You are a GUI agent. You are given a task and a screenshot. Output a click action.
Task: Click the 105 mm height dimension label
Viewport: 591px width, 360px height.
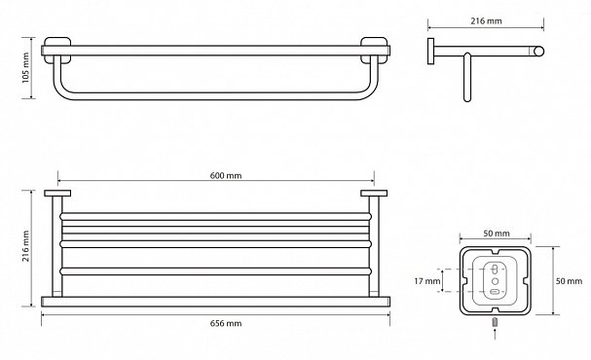coord(25,68)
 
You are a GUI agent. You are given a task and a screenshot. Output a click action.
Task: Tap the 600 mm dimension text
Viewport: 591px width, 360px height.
coord(226,175)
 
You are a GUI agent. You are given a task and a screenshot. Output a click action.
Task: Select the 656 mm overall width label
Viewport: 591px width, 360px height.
coord(226,323)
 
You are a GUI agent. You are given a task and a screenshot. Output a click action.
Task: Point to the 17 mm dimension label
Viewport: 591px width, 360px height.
coord(427,281)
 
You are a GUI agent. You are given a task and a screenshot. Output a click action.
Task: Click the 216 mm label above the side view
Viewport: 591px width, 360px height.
coord(486,21)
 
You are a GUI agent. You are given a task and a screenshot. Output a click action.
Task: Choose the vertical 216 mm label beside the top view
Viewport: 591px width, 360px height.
coord(25,246)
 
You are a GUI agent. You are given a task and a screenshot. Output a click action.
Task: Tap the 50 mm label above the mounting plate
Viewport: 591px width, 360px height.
coord(496,234)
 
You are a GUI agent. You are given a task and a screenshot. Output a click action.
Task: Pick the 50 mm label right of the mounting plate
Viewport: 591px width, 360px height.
coord(569,281)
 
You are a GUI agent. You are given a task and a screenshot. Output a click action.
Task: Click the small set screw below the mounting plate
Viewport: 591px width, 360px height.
coord(496,322)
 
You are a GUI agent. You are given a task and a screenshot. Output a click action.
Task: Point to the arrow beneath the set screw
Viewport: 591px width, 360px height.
coord(496,334)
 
